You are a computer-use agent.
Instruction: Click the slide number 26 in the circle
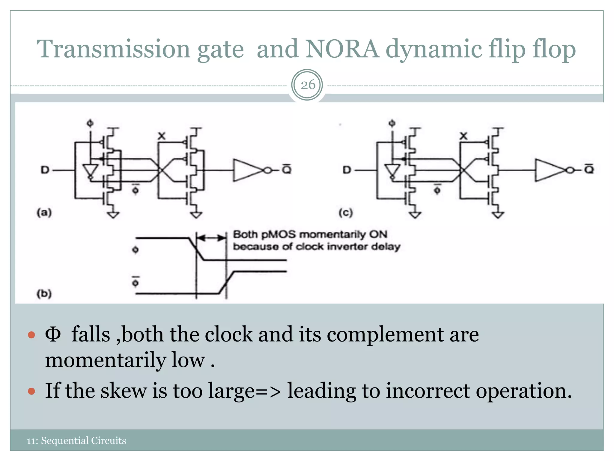point(308,85)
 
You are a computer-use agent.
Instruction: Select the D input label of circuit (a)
point(45,170)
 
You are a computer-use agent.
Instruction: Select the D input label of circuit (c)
point(347,170)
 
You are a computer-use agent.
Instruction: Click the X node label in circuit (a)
point(162,136)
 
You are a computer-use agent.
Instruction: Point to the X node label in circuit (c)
point(463,136)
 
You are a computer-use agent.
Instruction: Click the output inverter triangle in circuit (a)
point(247,170)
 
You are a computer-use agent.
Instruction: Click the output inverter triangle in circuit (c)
point(549,170)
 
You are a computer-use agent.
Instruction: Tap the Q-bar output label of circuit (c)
point(589,169)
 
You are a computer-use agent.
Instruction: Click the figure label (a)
point(44,213)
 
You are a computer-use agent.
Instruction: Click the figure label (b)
point(44,293)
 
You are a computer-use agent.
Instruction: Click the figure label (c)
point(346,213)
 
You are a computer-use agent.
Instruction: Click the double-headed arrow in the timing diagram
point(211,238)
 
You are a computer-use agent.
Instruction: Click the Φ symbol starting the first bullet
point(53,334)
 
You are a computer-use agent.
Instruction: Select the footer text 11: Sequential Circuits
point(76,441)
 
